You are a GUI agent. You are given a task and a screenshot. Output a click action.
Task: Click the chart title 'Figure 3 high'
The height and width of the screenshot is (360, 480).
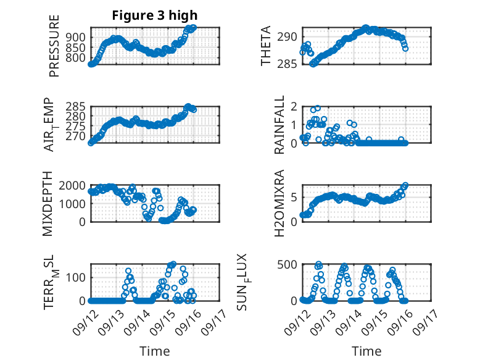coord(155,15)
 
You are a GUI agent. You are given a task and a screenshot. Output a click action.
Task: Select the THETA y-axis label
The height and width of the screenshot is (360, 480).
coord(266,46)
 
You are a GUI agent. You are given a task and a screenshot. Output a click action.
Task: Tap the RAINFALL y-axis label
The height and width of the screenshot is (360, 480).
coord(279,125)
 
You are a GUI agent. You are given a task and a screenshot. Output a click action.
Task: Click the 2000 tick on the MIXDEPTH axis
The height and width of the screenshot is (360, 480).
coord(73,186)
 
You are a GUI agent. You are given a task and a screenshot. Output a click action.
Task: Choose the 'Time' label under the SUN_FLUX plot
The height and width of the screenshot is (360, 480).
coord(366,351)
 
